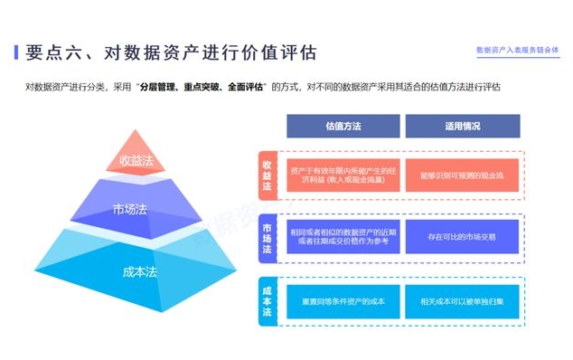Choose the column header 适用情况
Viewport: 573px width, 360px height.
tap(462, 127)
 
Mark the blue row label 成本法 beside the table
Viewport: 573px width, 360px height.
tap(267, 300)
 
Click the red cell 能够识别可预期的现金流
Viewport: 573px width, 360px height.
tap(462, 175)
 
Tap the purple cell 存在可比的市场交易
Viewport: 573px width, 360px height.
tap(462, 237)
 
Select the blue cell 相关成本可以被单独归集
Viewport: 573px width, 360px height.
tap(462, 300)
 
